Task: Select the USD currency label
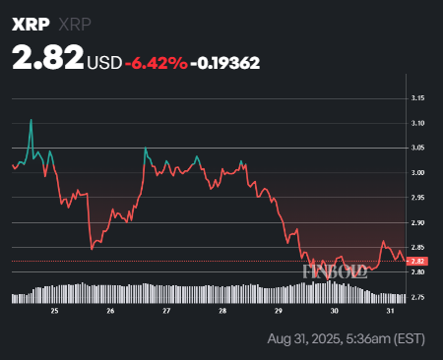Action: point(105,62)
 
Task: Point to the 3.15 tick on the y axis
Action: point(418,98)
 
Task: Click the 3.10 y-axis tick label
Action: point(418,123)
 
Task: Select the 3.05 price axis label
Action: point(418,148)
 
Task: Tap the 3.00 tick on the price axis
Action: point(418,173)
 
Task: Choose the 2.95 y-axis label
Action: point(418,198)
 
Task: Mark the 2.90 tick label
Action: point(418,223)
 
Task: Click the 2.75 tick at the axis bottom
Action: point(418,297)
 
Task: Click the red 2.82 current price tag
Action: point(418,261)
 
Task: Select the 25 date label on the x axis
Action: point(55,310)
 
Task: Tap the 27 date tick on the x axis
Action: point(167,310)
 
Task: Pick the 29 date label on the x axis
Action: point(279,310)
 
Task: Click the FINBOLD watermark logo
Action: point(335,270)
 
